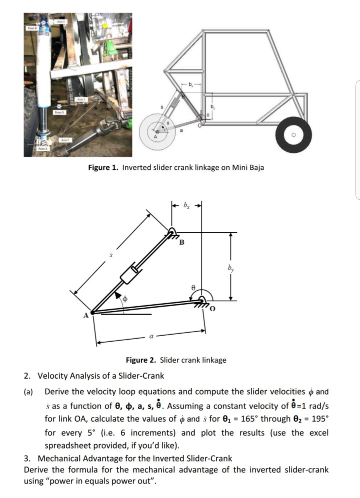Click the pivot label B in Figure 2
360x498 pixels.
click(181, 243)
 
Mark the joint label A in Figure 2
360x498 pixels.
click(85, 315)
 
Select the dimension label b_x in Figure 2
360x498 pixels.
click(186, 205)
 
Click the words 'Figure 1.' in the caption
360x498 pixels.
click(103, 167)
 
